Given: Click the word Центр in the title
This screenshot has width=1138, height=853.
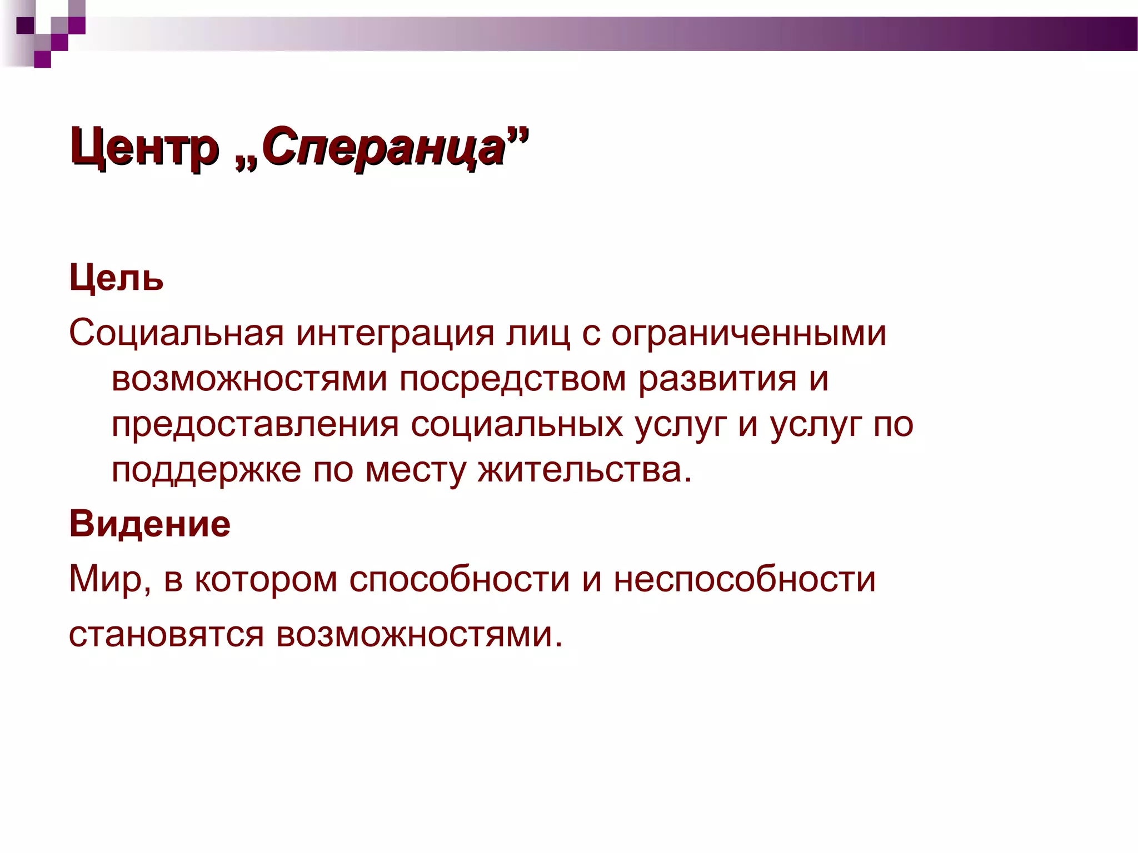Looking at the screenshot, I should click(144, 147).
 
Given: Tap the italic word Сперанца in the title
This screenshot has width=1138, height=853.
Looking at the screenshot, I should click(383, 147).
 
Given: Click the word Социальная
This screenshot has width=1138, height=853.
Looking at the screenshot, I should click(177, 333).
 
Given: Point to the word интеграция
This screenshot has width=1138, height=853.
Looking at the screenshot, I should click(395, 333).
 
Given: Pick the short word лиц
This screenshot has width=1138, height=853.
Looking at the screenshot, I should click(538, 333).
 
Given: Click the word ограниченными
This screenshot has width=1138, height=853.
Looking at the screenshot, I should click(748, 333).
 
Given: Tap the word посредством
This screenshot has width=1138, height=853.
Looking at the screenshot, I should click(512, 379).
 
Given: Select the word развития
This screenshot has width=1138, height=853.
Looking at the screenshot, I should click(717, 379).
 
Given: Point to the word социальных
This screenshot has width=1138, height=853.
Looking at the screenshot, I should click(517, 425).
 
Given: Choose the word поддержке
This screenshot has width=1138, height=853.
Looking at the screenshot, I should click(206, 470).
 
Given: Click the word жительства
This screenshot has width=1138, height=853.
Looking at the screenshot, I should click(585, 470).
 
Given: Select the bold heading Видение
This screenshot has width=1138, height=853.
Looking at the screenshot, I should click(150, 524).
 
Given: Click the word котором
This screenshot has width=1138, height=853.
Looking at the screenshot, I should click(266, 579).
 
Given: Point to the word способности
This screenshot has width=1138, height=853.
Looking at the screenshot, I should click(460, 579).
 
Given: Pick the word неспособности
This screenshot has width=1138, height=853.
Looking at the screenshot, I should click(745, 579).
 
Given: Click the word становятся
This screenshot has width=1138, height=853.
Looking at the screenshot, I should click(166, 634).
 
